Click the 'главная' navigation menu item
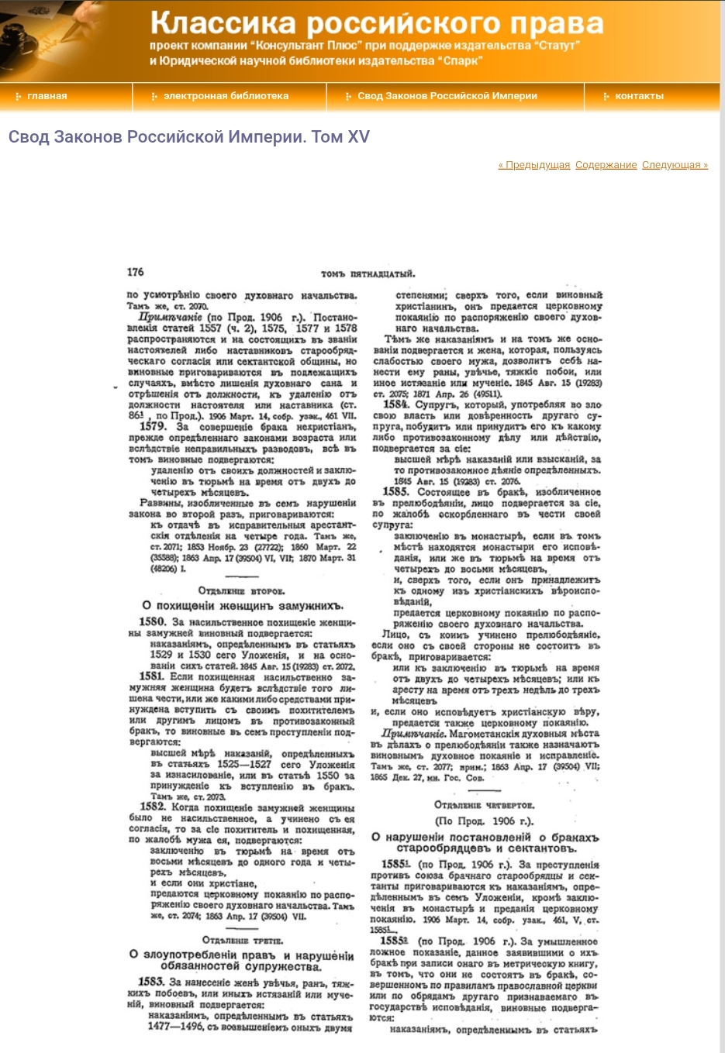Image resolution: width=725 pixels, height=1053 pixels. (x=47, y=96)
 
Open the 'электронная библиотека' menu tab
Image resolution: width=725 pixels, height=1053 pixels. (x=226, y=96)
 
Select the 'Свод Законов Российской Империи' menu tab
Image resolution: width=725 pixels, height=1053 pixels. (x=447, y=96)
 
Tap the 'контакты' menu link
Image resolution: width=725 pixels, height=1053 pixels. (x=639, y=96)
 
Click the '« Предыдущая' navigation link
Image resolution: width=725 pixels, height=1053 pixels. (x=533, y=165)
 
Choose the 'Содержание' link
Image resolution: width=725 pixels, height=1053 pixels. (x=606, y=165)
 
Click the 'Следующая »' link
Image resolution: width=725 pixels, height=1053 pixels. (x=675, y=165)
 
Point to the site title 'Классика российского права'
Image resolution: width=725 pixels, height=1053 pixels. (x=377, y=23)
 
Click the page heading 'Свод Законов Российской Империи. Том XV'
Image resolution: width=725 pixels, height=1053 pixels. (x=189, y=137)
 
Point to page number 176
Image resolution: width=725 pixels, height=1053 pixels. (x=136, y=272)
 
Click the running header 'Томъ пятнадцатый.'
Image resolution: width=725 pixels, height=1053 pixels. (x=368, y=274)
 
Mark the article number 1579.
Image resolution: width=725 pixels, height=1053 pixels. (x=152, y=426)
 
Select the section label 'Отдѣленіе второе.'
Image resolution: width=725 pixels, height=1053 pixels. (x=241, y=591)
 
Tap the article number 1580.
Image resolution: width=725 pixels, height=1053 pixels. (x=152, y=621)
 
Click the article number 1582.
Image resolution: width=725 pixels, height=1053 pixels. (x=153, y=807)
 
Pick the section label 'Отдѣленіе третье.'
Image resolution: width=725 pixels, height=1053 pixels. (x=242, y=941)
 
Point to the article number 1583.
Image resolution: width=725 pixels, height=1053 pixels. (x=151, y=982)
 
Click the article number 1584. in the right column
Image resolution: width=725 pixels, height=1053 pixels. (x=396, y=404)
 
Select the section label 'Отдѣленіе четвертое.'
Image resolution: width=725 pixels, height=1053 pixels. (x=485, y=805)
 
